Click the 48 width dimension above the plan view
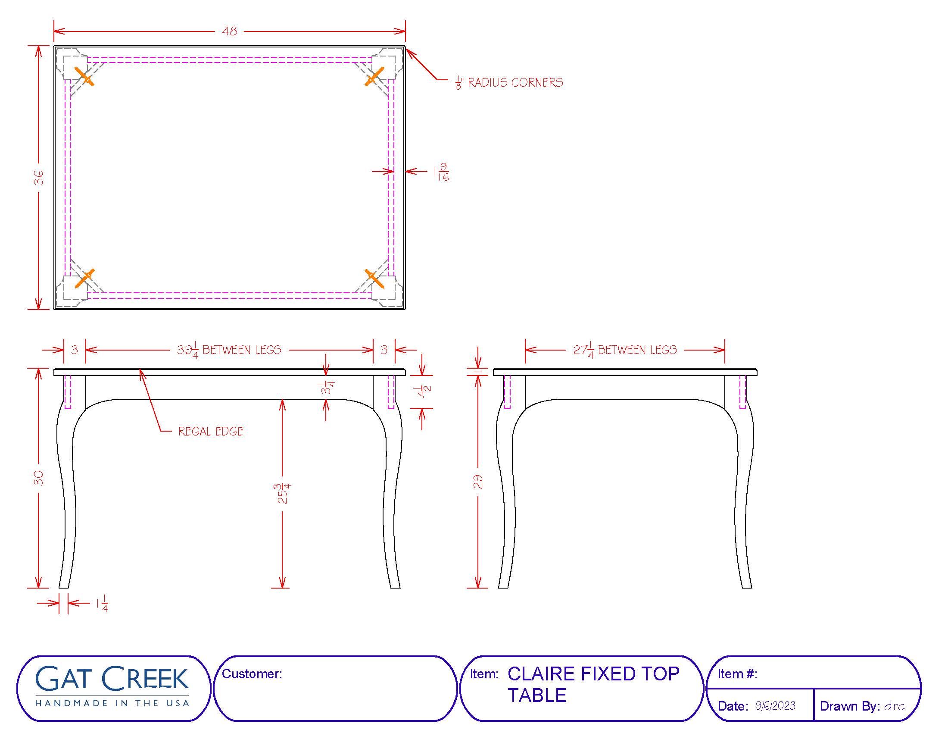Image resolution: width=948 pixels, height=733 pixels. pos(230,31)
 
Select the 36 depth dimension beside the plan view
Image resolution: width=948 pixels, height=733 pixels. pos(39,178)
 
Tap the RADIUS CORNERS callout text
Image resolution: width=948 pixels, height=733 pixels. pos(515,82)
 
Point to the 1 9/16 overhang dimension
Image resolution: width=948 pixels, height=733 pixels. pos(441,172)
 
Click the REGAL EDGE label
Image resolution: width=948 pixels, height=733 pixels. pos(211,431)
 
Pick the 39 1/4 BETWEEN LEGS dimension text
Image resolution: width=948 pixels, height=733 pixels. pos(229,350)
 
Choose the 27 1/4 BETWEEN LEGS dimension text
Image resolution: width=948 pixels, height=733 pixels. pos(625,350)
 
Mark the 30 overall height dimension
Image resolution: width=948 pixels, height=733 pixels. pos(39,478)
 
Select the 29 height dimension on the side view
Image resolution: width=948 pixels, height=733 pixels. pos(478,482)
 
